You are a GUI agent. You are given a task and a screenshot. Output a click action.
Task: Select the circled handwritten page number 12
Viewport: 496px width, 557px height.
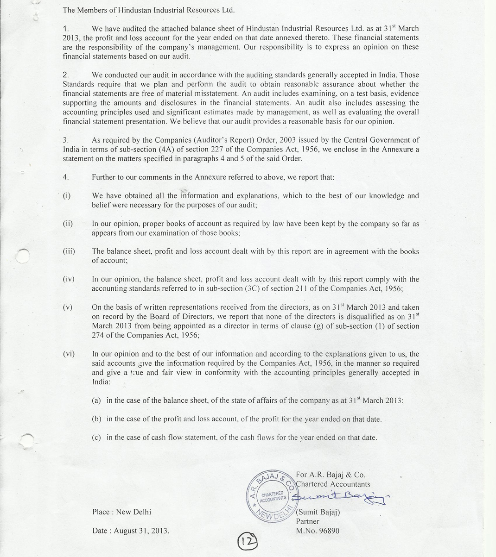248,541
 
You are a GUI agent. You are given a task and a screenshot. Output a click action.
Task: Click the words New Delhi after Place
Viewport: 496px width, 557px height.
134,512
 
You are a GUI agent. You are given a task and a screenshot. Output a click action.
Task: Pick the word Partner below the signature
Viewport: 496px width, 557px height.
308,521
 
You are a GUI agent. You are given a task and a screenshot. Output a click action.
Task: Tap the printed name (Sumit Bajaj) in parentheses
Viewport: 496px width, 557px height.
318,512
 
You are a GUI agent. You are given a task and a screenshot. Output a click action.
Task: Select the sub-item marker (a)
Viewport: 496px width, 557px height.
96,401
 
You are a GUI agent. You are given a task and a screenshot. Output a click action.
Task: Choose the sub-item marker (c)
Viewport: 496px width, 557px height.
96,438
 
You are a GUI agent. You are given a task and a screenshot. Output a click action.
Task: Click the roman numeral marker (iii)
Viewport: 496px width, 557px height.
69,251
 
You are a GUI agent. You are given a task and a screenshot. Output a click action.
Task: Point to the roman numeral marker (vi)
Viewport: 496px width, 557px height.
69,354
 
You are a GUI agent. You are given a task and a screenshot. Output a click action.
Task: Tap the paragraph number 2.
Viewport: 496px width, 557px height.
65,75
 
